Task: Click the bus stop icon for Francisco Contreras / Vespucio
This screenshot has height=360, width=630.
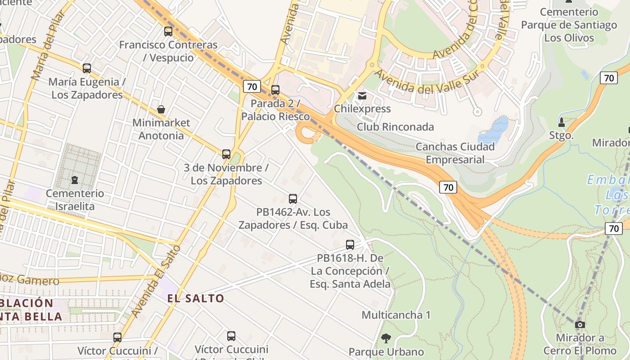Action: tap(168, 31)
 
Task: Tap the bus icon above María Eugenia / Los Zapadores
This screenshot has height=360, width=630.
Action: tap(87, 68)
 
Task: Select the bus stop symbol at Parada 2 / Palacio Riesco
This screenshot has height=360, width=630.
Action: tap(275, 90)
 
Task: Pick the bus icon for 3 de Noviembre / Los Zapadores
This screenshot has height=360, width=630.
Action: tap(226, 154)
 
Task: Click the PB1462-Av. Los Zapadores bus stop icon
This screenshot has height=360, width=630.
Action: tap(293, 198)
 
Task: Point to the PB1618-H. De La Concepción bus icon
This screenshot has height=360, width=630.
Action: tap(350, 245)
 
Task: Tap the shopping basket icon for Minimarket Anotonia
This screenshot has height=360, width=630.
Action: tap(161, 109)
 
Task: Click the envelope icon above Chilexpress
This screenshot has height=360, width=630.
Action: tap(362, 96)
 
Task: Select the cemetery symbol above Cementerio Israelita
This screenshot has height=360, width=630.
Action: tap(75, 180)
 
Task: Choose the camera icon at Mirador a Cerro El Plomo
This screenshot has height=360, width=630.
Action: tap(580, 324)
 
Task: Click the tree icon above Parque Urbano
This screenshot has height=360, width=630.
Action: tap(386, 338)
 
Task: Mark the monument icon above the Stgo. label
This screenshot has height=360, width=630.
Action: tap(562, 122)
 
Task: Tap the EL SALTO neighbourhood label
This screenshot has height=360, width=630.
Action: tap(196, 298)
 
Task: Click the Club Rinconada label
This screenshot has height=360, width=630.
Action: tap(396, 127)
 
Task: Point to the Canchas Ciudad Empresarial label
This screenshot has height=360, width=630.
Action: tap(455, 153)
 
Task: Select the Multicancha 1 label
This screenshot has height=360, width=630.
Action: tap(396, 315)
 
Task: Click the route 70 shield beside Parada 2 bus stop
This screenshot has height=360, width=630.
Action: tap(252, 86)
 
